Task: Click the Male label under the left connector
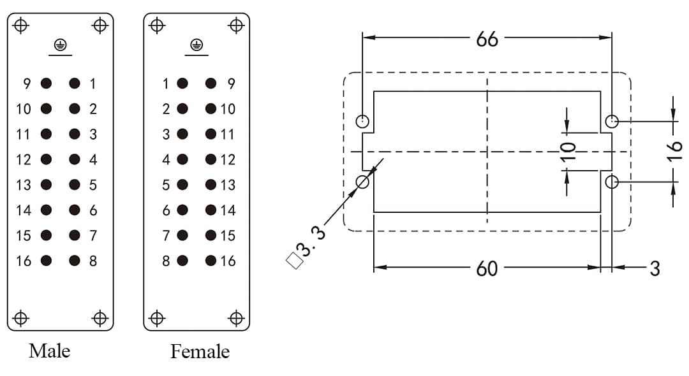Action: [x=49, y=351]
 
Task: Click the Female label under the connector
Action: [x=200, y=351]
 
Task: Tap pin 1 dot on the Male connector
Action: [x=75, y=83]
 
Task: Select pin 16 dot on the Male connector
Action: [x=46, y=261]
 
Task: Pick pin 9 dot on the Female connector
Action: [x=211, y=83]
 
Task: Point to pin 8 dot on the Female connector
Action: [x=182, y=261]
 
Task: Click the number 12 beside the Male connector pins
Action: [x=23, y=159]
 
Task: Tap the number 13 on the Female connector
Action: [x=228, y=185]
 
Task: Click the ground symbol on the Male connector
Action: [x=60, y=45]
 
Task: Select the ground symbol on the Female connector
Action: [x=196, y=45]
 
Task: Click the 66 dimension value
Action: [x=487, y=39]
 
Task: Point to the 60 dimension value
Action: [x=487, y=268]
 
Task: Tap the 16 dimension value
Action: [x=675, y=151]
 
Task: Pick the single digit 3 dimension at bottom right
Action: [x=655, y=268]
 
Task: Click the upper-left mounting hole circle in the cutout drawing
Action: [x=362, y=120]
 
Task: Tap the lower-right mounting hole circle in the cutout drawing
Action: [x=612, y=182]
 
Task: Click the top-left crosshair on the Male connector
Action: [x=21, y=25]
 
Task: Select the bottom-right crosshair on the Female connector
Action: [x=236, y=317]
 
